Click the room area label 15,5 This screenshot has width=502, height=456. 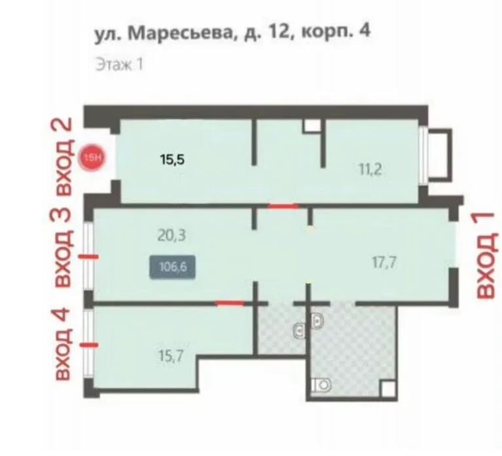click(173, 159)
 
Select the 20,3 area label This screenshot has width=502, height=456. click(171, 235)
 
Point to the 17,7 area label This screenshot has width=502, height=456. click(384, 263)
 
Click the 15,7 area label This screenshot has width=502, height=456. click(171, 355)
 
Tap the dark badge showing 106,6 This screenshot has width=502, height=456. click(173, 267)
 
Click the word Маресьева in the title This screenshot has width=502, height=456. click(179, 33)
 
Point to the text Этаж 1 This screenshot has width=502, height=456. click(119, 64)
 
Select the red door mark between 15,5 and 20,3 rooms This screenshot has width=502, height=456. click(283, 206)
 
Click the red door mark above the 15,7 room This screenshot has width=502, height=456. click(230, 303)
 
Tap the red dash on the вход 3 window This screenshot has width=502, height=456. click(89, 256)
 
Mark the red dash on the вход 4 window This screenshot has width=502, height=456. click(89, 345)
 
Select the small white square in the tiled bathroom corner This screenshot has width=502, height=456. click(388, 389)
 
